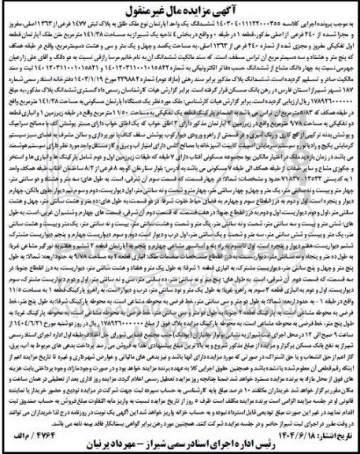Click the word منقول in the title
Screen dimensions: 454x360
129,11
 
